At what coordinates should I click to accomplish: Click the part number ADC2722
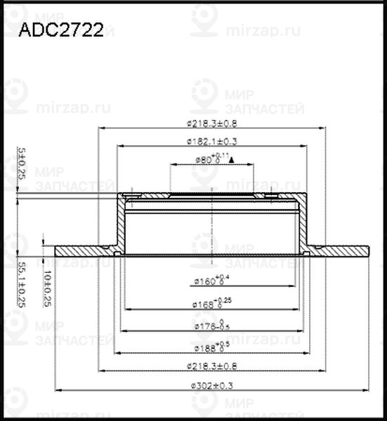[60, 31]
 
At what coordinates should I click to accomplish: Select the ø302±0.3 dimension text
[212, 385]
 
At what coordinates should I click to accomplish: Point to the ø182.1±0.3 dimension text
[212, 141]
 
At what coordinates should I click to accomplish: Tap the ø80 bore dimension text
[209, 159]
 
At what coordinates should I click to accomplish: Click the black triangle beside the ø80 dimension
[231, 161]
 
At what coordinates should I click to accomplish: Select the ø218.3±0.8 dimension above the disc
[212, 123]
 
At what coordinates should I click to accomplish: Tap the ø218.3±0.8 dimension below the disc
[212, 366]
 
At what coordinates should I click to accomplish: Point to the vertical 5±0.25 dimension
[21, 163]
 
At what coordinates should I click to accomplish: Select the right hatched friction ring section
[344, 250]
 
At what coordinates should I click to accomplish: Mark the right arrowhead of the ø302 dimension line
[367, 390]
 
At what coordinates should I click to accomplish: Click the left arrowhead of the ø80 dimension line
[172, 165]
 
